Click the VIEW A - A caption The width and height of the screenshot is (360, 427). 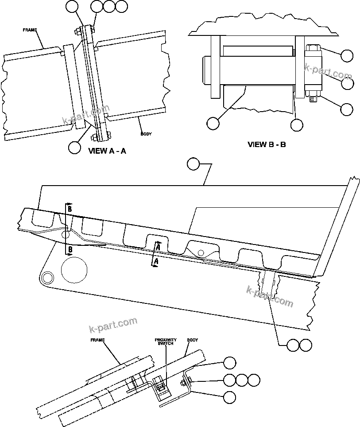(107, 151)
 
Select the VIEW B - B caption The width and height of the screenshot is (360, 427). (267, 144)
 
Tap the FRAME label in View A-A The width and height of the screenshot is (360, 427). (30, 30)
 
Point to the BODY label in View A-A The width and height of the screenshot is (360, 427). (146, 133)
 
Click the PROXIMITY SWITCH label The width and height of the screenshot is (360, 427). (166, 342)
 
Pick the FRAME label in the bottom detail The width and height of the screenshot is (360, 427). (97, 340)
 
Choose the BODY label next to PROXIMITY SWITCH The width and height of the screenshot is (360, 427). (192, 340)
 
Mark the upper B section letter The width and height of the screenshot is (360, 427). (70, 208)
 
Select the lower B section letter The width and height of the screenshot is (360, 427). (70, 250)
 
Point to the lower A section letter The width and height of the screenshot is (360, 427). (155, 262)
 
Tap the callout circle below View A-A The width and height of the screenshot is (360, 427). (74, 147)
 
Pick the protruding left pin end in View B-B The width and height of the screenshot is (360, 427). (207, 70)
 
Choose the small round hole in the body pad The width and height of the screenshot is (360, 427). (201, 252)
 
